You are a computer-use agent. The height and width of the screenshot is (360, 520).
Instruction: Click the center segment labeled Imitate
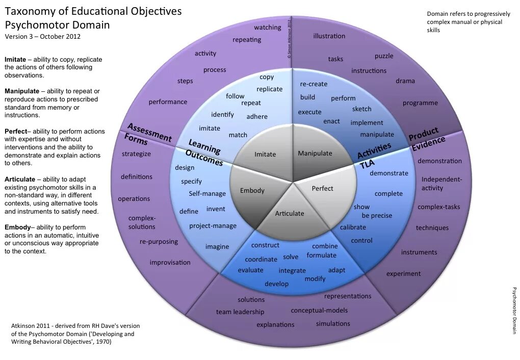pyautogui.click(x=265, y=154)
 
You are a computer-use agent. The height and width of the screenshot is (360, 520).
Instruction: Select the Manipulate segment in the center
pyautogui.click(x=315, y=153)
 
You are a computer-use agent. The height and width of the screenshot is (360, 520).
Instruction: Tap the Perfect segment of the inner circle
pyautogui.click(x=322, y=188)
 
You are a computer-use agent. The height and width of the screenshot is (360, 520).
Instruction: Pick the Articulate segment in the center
pyautogui.click(x=290, y=213)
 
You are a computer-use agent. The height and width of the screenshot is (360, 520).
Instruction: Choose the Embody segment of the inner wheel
pyautogui.click(x=252, y=191)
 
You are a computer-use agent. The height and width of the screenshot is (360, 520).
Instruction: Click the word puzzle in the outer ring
pyautogui.click(x=384, y=56)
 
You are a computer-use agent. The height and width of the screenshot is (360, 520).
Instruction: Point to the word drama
pyautogui.click(x=405, y=81)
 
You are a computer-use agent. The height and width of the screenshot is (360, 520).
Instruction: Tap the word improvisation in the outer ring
pyautogui.click(x=170, y=262)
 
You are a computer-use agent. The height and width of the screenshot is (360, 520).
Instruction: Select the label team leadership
pyautogui.click(x=240, y=312)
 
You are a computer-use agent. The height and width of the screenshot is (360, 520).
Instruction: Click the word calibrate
pyautogui.click(x=353, y=227)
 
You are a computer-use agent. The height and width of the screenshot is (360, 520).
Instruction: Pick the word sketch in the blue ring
pyautogui.click(x=361, y=109)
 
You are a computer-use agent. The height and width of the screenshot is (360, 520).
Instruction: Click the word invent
pyautogui.click(x=216, y=209)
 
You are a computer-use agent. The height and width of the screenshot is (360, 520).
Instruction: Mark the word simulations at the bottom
pyautogui.click(x=333, y=323)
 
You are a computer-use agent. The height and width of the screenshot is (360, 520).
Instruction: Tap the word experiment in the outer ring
pyautogui.click(x=403, y=273)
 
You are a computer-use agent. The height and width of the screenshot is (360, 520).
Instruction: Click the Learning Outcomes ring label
pyautogui.click(x=204, y=152)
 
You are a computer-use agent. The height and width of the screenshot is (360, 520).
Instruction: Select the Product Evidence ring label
pyautogui.click(x=426, y=138)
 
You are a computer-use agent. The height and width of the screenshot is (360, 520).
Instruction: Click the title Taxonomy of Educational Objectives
pyautogui.click(x=93, y=11)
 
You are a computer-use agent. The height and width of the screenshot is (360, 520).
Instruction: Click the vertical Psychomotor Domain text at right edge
pyautogui.click(x=514, y=311)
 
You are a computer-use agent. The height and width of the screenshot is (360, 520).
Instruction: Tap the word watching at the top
pyautogui.click(x=268, y=28)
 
